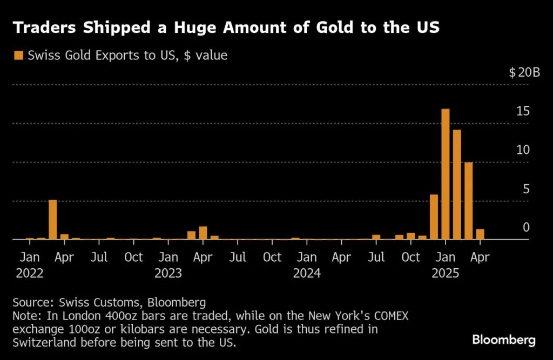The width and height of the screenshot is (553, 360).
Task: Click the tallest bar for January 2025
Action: click(x=446, y=174)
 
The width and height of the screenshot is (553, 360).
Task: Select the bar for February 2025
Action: click(x=457, y=185)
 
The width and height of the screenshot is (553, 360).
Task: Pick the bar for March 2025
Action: click(x=469, y=201)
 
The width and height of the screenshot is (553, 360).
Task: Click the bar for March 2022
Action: click(x=53, y=220)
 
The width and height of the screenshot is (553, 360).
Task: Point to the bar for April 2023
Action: click(x=203, y=233)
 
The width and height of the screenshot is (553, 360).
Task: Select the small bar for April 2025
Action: click(x=480, y=234)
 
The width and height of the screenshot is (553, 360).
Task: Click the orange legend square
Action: click(x=19, y=55)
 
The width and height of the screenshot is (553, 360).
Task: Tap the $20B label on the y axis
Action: click(x=524, y=73)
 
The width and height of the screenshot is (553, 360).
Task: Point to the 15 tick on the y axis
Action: click(x=522, y=112)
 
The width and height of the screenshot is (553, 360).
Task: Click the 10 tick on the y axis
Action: click(x=522, y=150)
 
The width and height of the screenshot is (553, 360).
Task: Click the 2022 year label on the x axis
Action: click(x=30, y=273)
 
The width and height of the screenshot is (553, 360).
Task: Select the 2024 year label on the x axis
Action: click(x=307, y=273)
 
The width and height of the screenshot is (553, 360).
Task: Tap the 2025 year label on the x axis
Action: click(x=446, y=273)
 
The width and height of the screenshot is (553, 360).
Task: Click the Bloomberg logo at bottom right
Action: click(x=503, y=340)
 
